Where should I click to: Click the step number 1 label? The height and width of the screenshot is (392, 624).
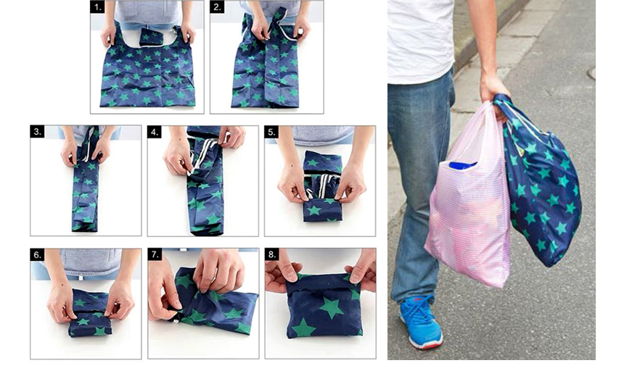97,7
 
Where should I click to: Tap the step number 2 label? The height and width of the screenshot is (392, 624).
217,7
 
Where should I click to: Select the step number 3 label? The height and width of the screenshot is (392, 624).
38,132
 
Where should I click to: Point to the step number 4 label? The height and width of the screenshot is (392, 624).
155,132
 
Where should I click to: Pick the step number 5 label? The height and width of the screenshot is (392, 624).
271,132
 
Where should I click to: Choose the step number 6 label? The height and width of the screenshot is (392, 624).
38,255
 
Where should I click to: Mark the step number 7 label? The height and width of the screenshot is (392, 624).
155,254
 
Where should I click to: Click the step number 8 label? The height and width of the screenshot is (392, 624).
272,254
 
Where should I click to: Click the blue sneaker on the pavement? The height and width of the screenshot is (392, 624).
420,322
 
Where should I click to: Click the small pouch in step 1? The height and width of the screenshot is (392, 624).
151,38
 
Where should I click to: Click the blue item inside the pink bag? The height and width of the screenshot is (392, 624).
462,164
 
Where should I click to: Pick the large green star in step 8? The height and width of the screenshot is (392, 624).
331,307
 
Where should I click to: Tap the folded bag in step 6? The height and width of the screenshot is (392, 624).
90,314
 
